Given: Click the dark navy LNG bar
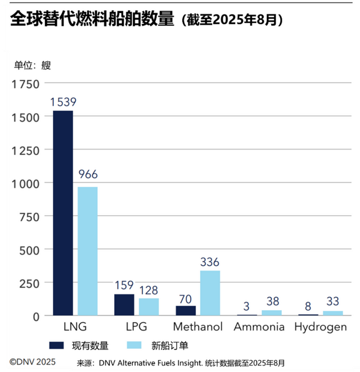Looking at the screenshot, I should click(x=62, y=213).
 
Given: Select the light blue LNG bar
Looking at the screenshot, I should click(x=87, y=251).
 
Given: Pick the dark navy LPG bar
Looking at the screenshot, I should click(x=124, y=305).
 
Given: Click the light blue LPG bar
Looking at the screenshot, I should click(x=148, y=307).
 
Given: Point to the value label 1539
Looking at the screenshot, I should click(x=63, y=102).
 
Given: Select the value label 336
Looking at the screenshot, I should click(x=210, y=262).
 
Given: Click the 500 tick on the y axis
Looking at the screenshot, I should click(x=28, y=250).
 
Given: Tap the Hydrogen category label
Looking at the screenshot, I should click(x=321, y=327).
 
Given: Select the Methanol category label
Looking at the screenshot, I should click(x=197, y=327).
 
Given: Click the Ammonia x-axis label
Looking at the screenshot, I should click(x=259, y=327).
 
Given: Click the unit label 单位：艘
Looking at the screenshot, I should click(x=32, y=65).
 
